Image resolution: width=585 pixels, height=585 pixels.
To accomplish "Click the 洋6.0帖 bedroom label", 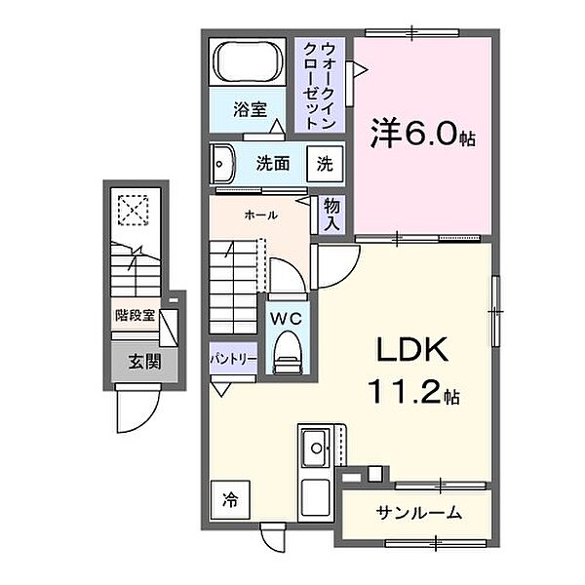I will pos(420,135).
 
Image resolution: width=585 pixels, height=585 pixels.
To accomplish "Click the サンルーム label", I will pos(418,513).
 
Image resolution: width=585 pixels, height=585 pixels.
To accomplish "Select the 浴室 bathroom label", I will pos(249,109).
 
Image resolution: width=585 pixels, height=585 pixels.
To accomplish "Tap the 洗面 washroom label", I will pos(273,163).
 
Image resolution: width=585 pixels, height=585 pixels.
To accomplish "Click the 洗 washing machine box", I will pos(326,164).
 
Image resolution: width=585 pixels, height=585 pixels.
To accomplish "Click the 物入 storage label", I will pos(331,214).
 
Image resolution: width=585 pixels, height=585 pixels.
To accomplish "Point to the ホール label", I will pos(260,214).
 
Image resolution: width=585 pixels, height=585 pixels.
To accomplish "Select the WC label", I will pos(287,317).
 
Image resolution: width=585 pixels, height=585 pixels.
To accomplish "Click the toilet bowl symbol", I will pos(288,352).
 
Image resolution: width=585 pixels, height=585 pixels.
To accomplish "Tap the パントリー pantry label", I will pos(233,359).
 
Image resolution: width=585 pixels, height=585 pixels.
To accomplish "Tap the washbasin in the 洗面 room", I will pos(221,163).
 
